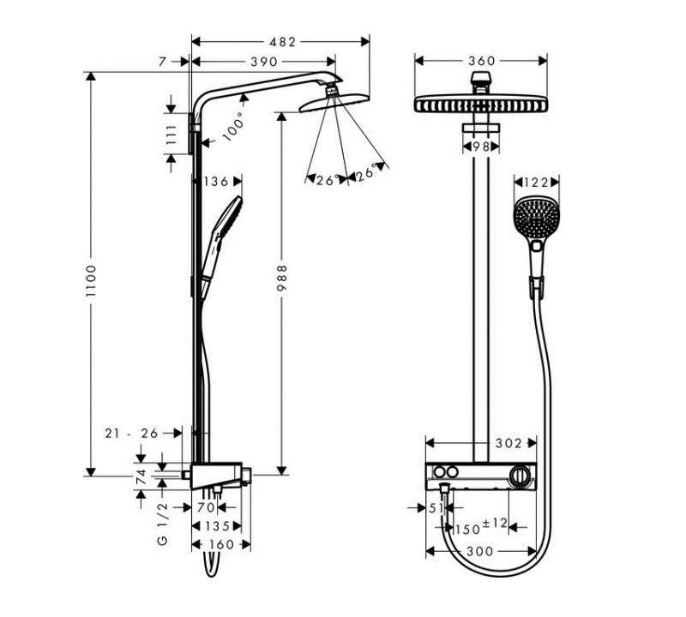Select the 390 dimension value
264,62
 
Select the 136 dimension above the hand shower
216,181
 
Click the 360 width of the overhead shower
482,61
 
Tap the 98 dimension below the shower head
481,147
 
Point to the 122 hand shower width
536,182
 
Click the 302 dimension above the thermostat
508,443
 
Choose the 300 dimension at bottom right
480,551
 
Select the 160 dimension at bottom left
220,544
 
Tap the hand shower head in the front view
536,219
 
